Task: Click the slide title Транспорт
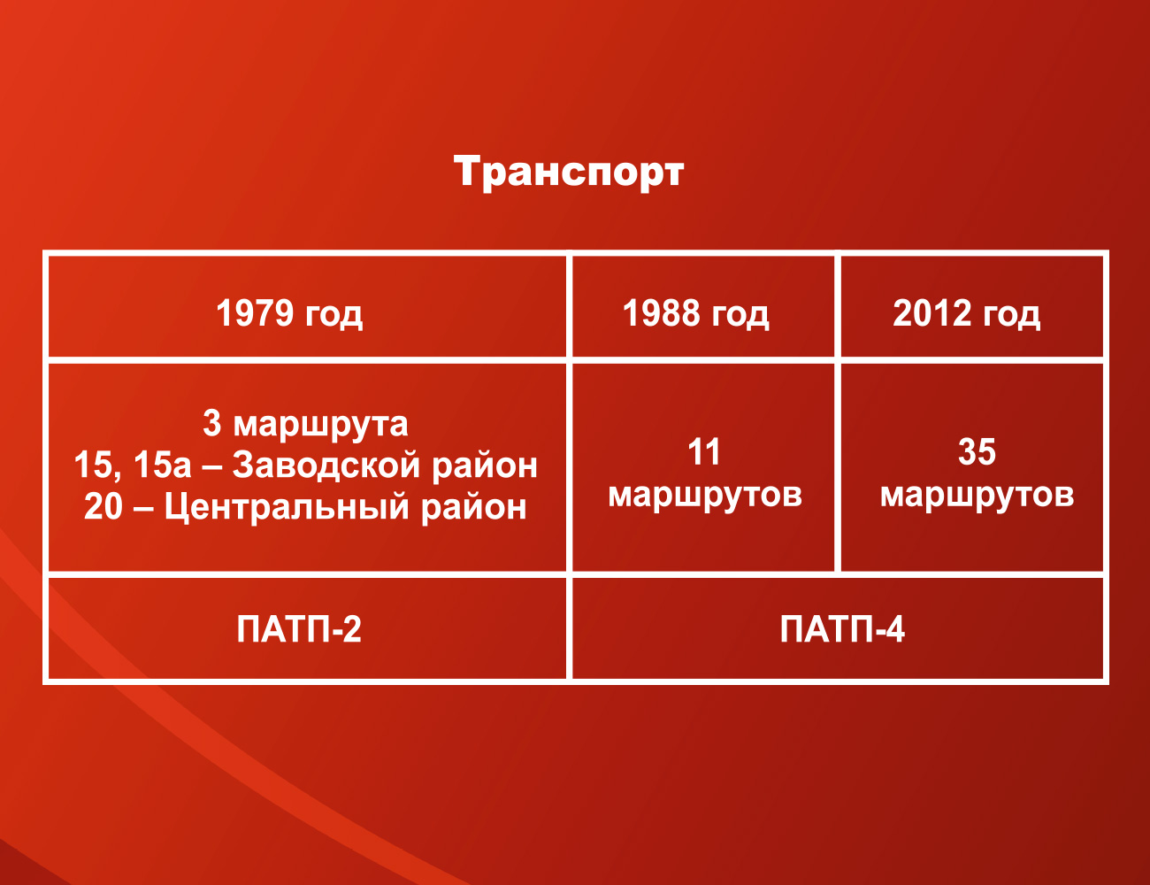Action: [569, 172]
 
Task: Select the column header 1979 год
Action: [289, 314]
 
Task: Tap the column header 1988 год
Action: [695, 314]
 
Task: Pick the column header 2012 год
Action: [966, 314]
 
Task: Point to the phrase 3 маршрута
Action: [305, 425]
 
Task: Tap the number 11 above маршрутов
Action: [703, 452]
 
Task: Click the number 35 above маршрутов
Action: [977, 452]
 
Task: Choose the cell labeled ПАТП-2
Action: [298, 629]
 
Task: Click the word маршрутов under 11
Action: [705, 496]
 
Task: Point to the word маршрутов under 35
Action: [977, 496]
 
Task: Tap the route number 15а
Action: [162, 466]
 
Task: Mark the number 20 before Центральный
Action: [103, 506]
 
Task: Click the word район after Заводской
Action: [485, 466]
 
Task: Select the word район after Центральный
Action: [473, 508]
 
